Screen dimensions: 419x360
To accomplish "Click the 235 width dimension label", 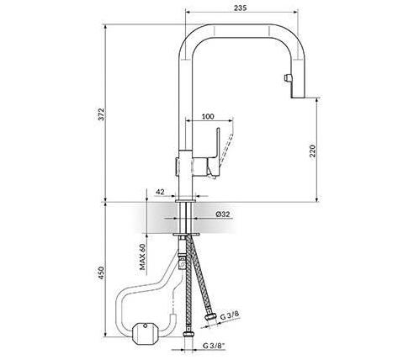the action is pyautogui.click(x=240, y=8).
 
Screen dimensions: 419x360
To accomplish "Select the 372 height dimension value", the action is pyautogui.click(x=101, y=114).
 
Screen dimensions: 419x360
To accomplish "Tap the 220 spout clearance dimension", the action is pyautogui.click(x=312, y=151).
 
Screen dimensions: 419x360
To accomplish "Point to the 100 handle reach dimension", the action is pyautogui.click(x=208, y=116).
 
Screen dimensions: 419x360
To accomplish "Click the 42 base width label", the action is pyautogui.click(x=160, y=192).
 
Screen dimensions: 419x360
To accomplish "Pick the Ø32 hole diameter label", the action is pyautogui.click(x=223, y=214).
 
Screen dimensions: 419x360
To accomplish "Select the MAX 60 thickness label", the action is pyautogui.click(x=143, y=257).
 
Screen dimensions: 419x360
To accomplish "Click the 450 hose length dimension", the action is pyautogui.click(x=101, y=273).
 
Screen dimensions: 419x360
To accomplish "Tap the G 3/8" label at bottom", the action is pyautogui.click(x=214, y=346).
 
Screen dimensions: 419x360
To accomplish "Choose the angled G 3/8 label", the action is pyautogui.click(x=230, y=315).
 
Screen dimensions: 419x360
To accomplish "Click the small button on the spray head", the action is pyautogui.click(x=287, y=77).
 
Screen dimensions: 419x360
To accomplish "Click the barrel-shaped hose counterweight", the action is pyautogui.click(x=145, y=333).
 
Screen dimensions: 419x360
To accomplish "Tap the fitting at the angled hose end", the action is pyautogui.click(x=210, y=317).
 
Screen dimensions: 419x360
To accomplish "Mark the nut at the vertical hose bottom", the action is pyautogui.click(x=188, y=335).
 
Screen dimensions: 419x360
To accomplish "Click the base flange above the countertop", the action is pyautogui.click(x=186, y=201).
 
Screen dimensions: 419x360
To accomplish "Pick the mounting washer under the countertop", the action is pyautogui.click(x=186, y=234).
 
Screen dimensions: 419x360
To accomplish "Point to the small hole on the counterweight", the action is pyautogui.click(x=145, y=326).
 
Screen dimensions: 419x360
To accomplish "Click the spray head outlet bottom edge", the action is pyautogui.click(x=298, y=98).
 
